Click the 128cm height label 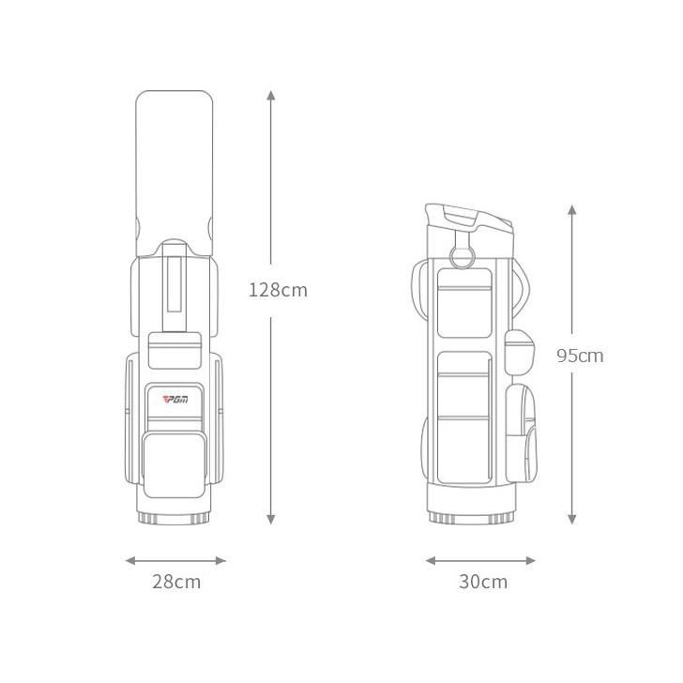point(278,290)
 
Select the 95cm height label point(580,356)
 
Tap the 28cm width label point(176,582)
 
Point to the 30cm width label point(483,582)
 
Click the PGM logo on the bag point(175,399)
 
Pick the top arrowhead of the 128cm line point(271,95)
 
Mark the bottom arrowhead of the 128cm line point(271,519)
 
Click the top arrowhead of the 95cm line point(572,209)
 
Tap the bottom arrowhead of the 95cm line point(572,519)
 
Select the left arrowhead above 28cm point(130,561)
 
